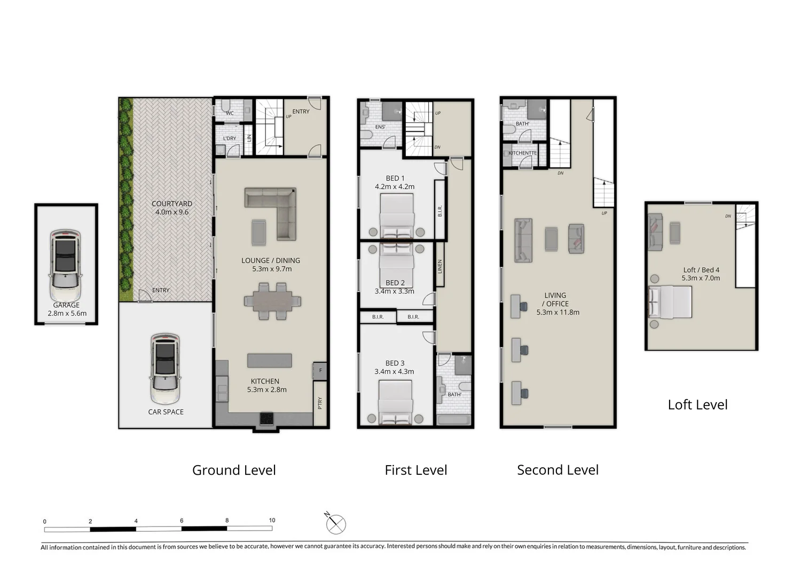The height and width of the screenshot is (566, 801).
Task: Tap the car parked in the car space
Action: click(166, 369)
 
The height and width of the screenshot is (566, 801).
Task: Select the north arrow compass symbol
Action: click(335, 524)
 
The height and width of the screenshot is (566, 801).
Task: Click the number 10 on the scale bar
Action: click(272, 520)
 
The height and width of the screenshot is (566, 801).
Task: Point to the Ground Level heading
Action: click(234, 470)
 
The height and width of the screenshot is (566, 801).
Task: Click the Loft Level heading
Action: click(697, 404)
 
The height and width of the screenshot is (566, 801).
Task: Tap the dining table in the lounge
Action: click(272, 301)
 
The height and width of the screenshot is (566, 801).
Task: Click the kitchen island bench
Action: click(270, 361)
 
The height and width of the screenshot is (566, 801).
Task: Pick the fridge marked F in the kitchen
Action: click(320, 370)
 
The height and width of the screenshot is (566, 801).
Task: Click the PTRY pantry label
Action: click(320, 403)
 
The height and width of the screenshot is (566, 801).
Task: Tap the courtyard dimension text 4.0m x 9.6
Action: click(172, 212)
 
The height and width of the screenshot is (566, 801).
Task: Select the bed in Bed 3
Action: click(396, 403)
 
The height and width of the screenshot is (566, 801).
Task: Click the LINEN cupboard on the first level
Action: click(440, 266)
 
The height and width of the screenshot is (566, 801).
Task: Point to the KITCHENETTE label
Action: click(522, 153)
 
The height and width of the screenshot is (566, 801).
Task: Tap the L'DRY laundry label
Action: click(230, 138)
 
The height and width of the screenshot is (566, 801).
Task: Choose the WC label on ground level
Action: click(230, 113)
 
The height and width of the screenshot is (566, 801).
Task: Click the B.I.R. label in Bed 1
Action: click(440, 211)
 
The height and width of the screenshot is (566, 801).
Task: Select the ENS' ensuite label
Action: click(380, 127)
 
